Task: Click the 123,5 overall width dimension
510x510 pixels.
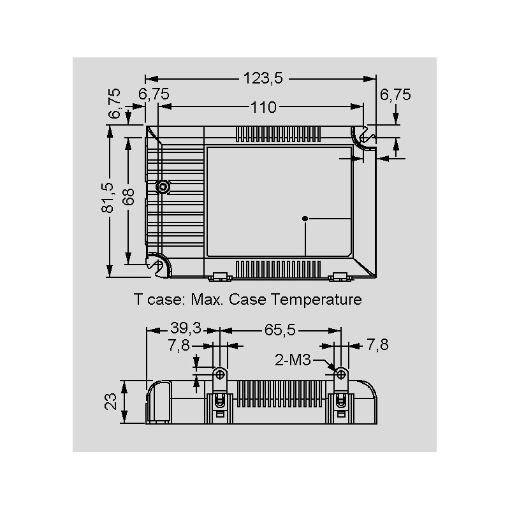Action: pos(263,78)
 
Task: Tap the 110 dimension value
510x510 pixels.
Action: pos(263,107)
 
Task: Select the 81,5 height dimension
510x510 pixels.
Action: pos(108,198)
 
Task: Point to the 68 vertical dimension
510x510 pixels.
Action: pos(129,197)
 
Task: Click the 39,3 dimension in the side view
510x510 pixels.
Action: pos(186,328)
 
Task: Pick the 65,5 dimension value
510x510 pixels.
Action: pos(280,330)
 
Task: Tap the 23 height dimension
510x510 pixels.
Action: pos(110,402)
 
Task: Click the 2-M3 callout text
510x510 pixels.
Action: pos(293,360)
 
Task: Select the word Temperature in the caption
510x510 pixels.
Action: pos(316,300)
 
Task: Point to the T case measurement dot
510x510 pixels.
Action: pos(305,219)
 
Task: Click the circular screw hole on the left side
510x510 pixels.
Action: pos(163,187)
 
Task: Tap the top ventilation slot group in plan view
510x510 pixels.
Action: pos(278,135)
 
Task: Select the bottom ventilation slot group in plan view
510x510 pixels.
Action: pos(278,269)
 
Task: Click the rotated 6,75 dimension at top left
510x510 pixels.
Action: pos(115,103)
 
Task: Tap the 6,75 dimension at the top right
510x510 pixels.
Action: pos(395,94)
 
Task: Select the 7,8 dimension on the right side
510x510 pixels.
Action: pos(377,344)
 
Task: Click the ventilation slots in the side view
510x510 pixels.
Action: pos(280,394)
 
